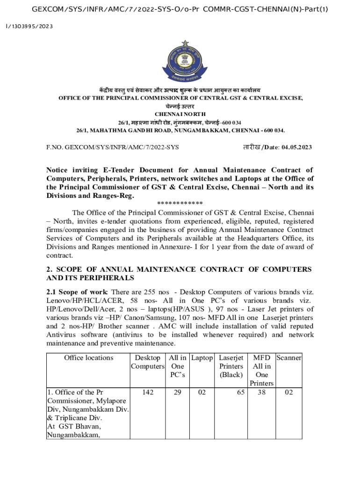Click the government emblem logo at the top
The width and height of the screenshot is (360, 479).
[x=180, y=61]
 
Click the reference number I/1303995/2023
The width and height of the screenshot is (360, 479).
[x=29, y=26]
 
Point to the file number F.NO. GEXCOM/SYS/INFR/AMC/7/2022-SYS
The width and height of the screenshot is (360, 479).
[x=112, y=147]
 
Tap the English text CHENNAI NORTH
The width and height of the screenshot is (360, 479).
[x=180, y=114]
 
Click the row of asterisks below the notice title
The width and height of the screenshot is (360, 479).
[x=180, y=203]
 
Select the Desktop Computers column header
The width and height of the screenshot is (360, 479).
[x=147, y=362]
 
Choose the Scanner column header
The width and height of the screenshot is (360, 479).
[x=288, y=358]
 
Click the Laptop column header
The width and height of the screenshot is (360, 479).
[x=202, y=358]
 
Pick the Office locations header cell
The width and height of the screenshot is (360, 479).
[x=88, y=358]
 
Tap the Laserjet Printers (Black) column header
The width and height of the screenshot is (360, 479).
[x=231, y=366]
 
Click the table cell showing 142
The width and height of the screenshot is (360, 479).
[x=147, y=392]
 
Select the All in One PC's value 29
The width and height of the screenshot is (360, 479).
[x=178, y=392]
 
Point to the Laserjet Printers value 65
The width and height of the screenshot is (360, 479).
[x=240, y=392]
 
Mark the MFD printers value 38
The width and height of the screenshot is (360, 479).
[x=261, y=392]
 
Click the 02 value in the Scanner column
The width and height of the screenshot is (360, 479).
[x=288, y=392]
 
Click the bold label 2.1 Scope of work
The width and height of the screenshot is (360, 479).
[x=77, y=292]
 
